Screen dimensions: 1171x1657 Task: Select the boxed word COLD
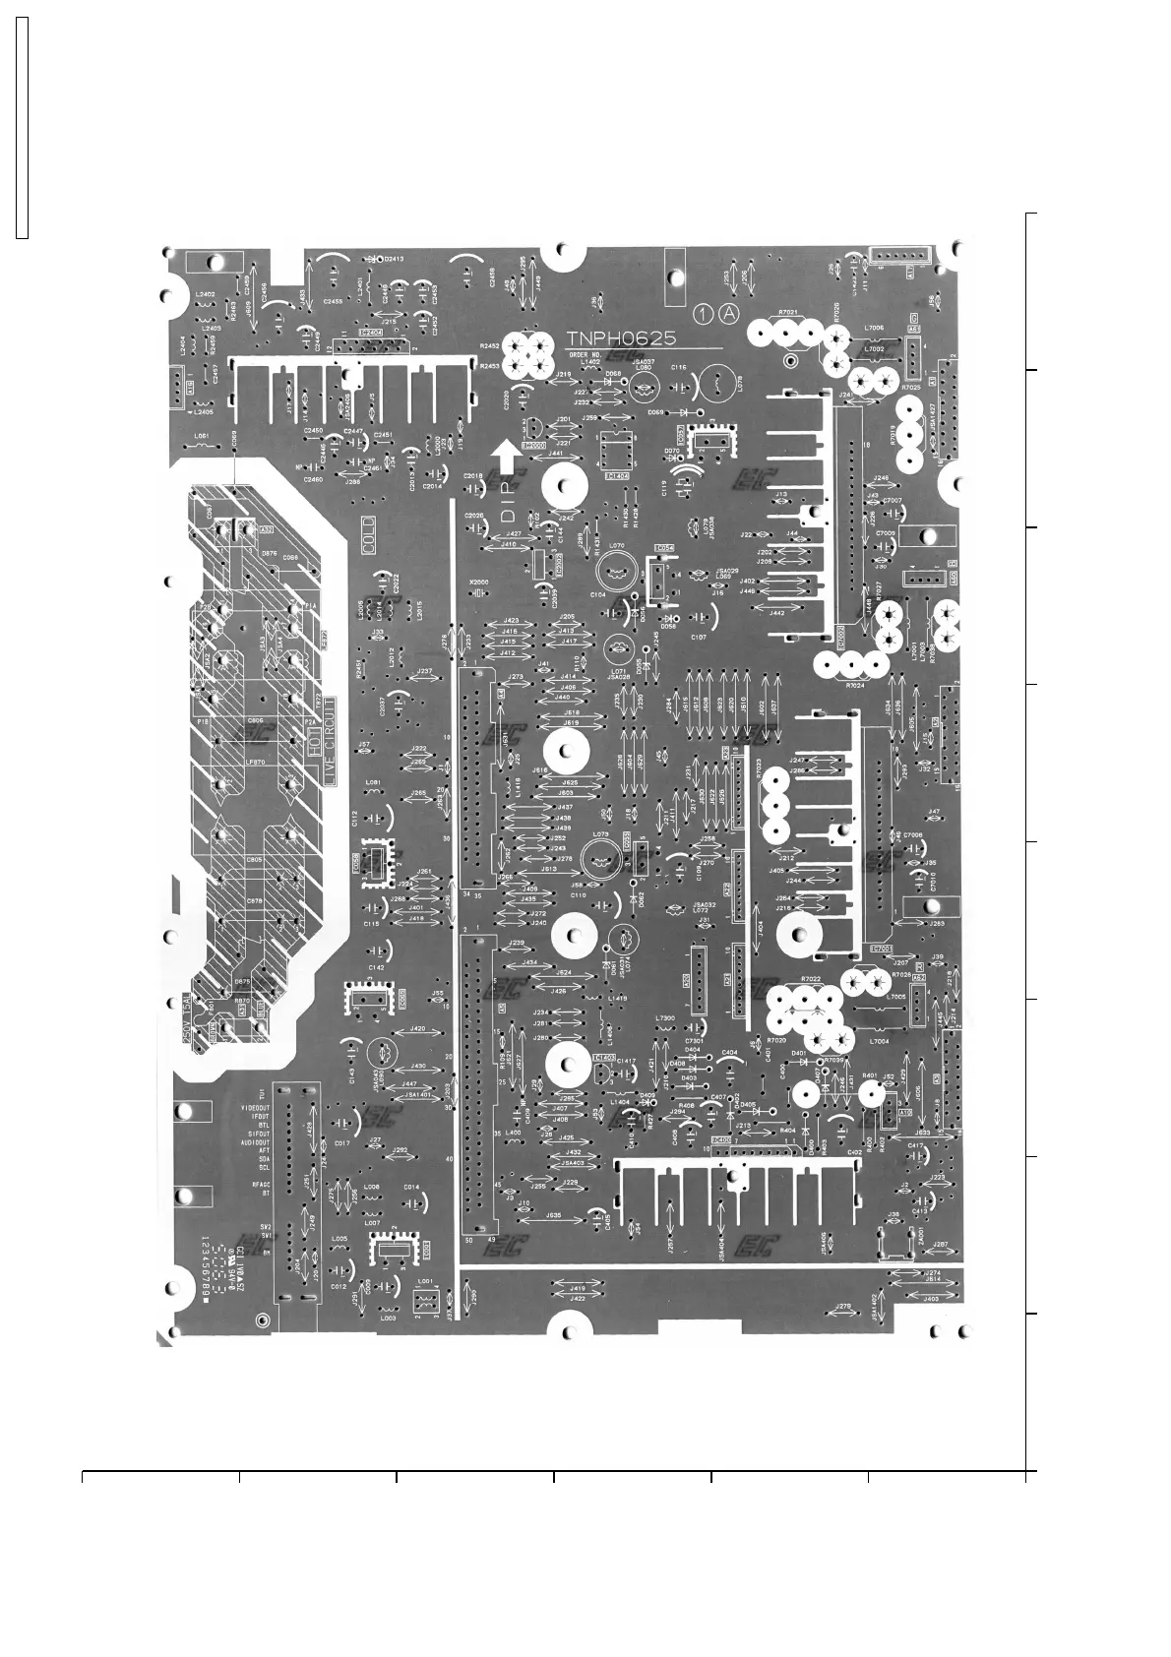click(x=368, y=536)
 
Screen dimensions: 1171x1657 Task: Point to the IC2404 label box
click(x=372, y=333)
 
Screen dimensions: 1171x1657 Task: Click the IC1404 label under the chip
click(x=618, y=476)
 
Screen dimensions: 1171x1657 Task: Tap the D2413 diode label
click(x=388, y=258)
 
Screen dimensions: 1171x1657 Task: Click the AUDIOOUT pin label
click(x=255, y=1142)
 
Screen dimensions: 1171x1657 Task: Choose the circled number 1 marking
click(x=702, y=314)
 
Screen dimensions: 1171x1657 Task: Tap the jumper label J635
click(x=554, y=1215)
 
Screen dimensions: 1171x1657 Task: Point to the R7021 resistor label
click(x=786, y=312)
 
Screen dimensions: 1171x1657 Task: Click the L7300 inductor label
click(x=665, y=1017)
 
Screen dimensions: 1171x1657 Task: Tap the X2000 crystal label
click(x=479, y=583)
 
